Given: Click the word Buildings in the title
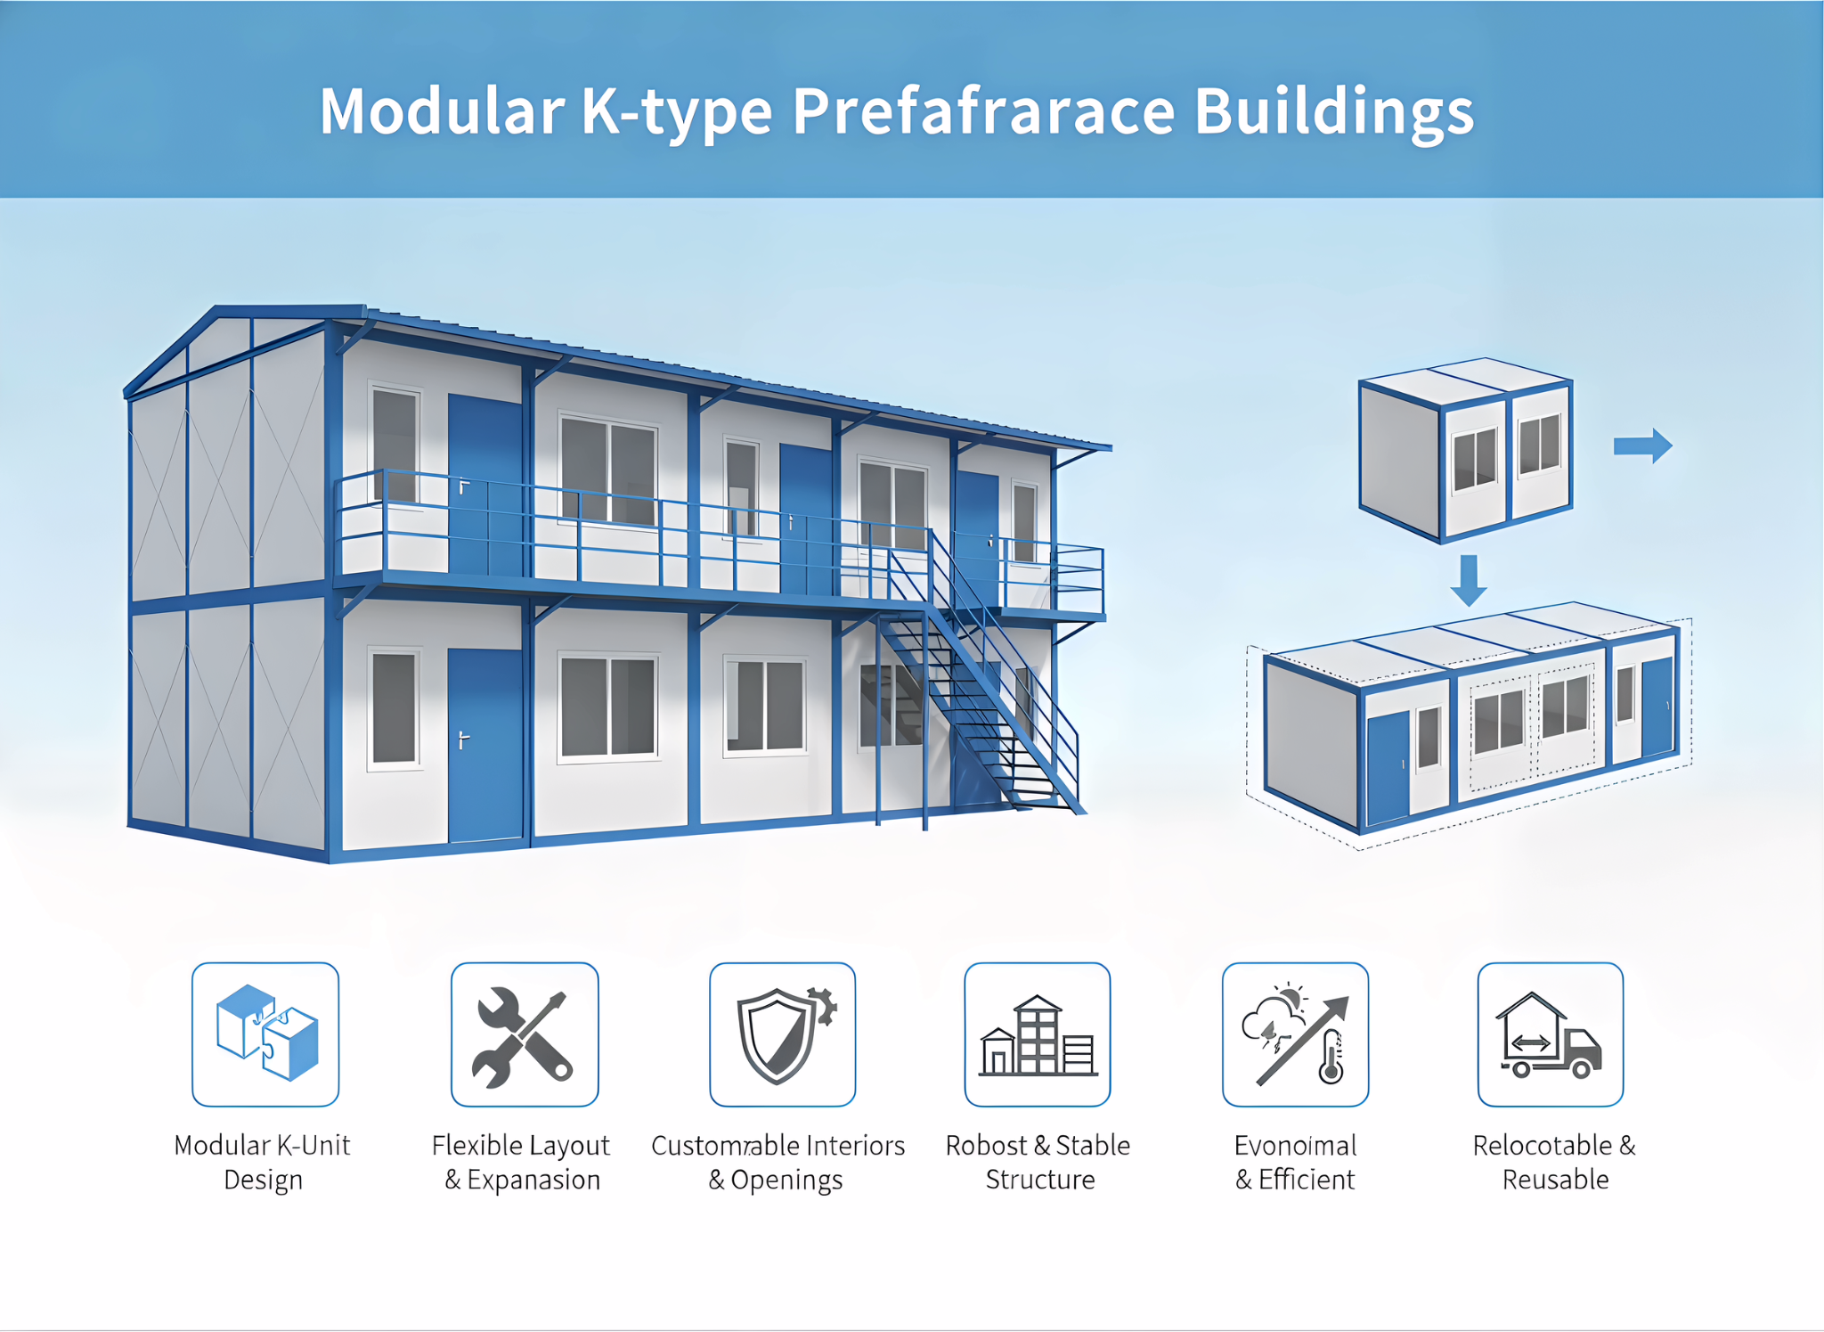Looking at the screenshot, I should [1333, 113].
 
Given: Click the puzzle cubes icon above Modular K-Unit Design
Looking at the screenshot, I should [265, 1034].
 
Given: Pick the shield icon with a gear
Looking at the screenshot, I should [782, 1034].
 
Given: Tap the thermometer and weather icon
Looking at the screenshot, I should [1295, 1034].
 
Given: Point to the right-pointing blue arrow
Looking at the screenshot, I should [1642, 445].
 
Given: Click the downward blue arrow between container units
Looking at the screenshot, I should [1468, 579].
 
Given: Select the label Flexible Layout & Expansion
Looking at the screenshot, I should [521, 1162].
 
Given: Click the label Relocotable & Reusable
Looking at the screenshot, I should [1554, 1162].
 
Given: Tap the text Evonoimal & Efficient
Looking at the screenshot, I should [1295, 1162].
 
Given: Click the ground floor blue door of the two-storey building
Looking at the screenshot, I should [484, 744].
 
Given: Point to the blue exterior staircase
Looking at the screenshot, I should [980, 695].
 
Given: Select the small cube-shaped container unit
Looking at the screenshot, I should [1465, 450].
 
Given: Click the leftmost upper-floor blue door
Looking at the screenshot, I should [484, 486].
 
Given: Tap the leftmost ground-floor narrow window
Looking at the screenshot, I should [394, 708].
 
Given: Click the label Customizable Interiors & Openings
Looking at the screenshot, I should [778, 1162].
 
